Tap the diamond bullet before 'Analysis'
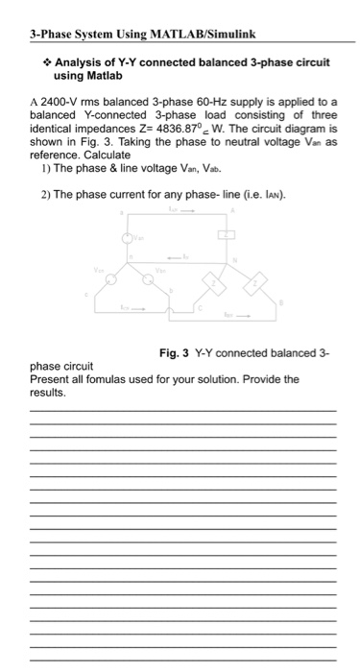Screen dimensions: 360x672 click(44, 62)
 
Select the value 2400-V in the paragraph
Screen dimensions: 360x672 click(60, 104)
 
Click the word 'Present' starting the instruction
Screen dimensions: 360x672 click(50, 378)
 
